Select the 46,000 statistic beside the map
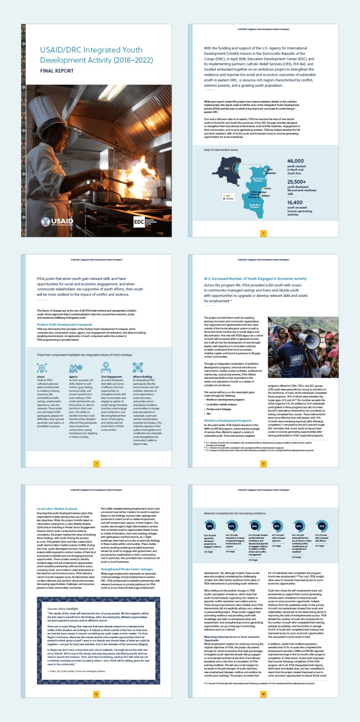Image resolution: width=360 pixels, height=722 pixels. pyautogui.click(x=299, y=160)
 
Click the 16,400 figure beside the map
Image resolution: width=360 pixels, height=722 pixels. pyautogui.click(x=298, y=202)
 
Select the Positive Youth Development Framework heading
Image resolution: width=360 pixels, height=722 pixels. pyautogui.click(x=65, y=324)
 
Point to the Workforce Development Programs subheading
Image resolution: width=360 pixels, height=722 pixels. pyautogui.click(x=227, y=408)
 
